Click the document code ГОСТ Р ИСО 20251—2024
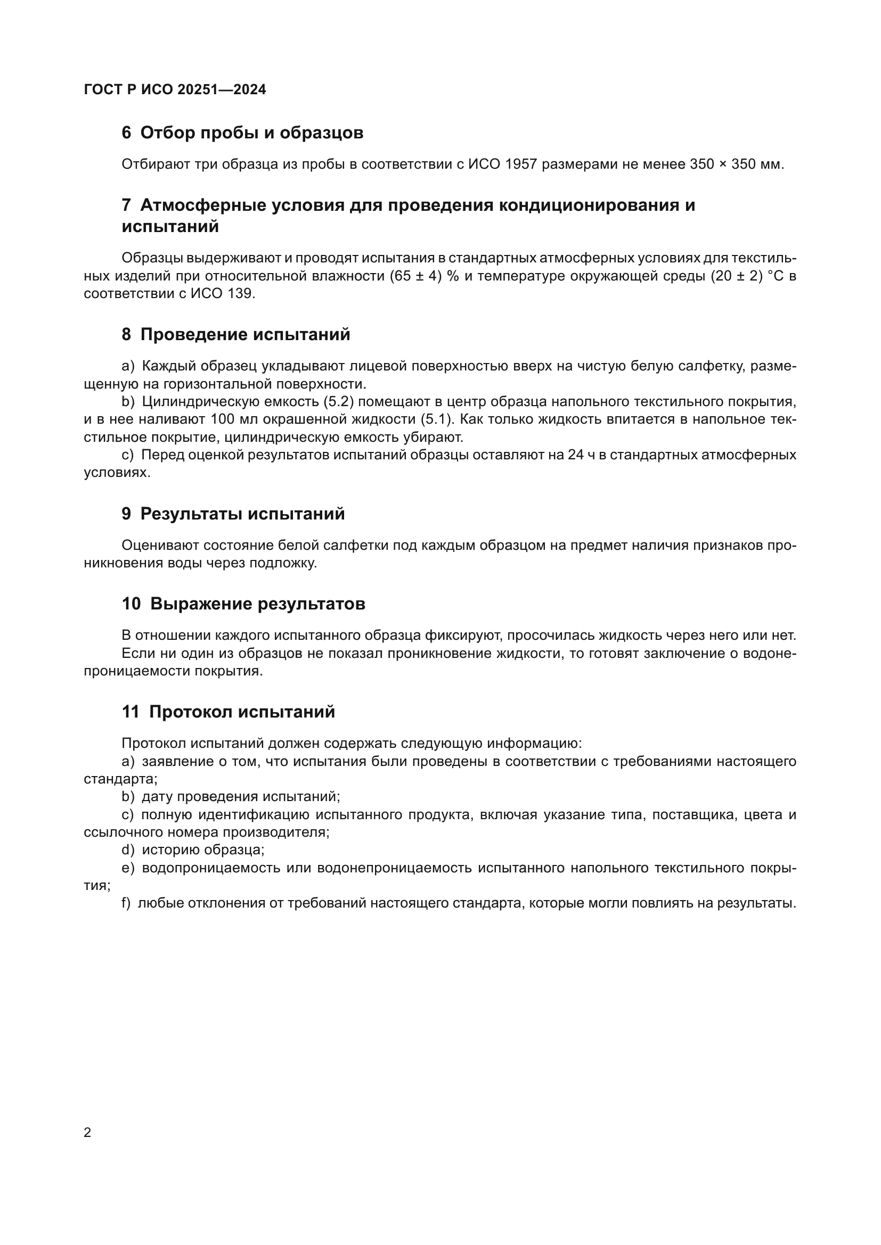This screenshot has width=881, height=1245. point(175,89)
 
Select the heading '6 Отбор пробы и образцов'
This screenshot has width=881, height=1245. point(242,133)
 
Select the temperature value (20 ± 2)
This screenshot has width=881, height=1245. point(737,276)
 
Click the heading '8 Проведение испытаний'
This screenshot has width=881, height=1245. point(235,335)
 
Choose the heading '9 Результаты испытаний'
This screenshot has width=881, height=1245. point(233,514)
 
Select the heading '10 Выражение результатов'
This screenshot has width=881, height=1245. point(243,604)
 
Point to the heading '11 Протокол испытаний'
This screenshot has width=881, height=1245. point(228,712)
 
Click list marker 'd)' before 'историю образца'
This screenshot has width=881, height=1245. point(128,850)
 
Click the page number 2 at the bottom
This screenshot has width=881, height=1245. point(87,1133)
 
